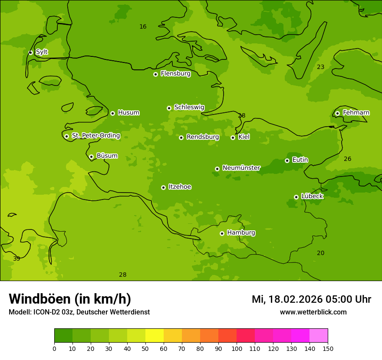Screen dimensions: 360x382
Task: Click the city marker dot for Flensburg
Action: pos(155,74)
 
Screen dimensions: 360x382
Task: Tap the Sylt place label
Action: pos(42,52)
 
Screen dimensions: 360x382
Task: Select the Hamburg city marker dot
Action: pos(222,233)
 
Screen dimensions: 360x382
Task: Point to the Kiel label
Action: pos(244,137)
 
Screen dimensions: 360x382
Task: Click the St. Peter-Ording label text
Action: pos(96,136)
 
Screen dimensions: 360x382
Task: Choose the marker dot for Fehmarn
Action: pos(337,113)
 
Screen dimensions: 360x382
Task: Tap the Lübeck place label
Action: pos(312,196)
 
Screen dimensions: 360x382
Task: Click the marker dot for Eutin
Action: pos(287,160)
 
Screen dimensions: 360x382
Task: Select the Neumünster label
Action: pos(241,168)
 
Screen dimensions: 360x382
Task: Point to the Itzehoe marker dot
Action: pos(163,187)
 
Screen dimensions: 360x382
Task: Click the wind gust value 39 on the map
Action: pos(16,259)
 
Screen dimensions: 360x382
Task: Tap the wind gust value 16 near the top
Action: pos(143,27)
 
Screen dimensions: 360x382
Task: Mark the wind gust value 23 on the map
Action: pos(320,67)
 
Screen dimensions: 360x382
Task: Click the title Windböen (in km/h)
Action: pos(70,299)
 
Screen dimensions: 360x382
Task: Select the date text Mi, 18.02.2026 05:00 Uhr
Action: pos(311,299)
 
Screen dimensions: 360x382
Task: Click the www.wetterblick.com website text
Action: pos(313,312)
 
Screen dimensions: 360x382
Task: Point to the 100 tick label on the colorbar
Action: pos(237,349)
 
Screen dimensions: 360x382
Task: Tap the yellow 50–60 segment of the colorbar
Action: pos(155,336)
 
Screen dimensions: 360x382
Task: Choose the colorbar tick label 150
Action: pos(327,349)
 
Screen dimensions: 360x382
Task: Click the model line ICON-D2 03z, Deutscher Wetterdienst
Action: pos(79,312)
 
